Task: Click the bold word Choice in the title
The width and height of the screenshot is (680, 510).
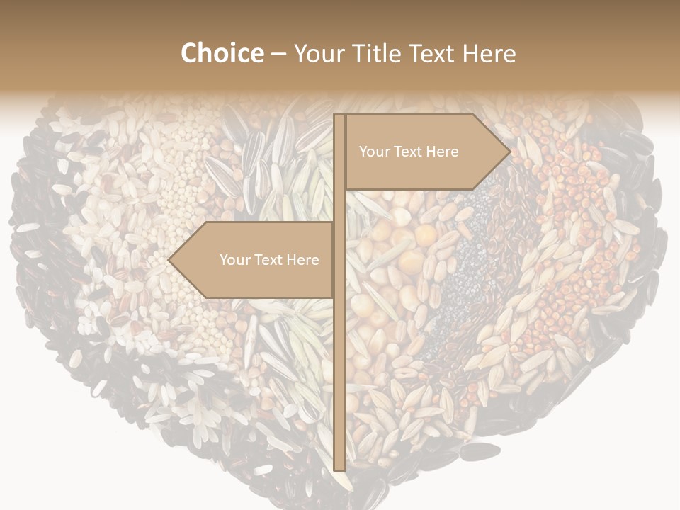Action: (x=222, y=53)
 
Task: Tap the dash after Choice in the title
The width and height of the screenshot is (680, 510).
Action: (x=278, y=54)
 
